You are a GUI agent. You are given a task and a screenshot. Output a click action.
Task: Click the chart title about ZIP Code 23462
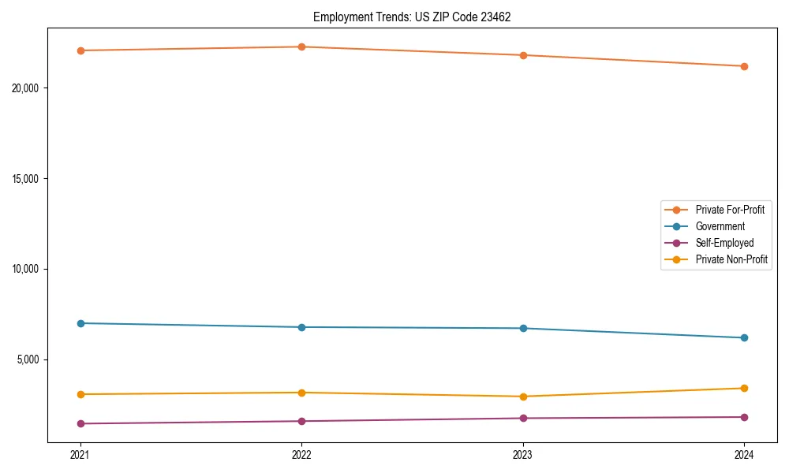412,17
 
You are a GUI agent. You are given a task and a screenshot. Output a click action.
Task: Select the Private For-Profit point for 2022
301,47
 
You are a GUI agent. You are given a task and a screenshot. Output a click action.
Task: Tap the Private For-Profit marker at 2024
744,66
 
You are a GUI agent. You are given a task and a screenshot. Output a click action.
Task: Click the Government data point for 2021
80,323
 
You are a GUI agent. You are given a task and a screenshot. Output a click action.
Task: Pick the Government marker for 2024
744,337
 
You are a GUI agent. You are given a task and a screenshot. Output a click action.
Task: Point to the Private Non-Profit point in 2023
523,397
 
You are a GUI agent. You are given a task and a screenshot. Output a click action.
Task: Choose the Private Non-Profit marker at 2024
744,388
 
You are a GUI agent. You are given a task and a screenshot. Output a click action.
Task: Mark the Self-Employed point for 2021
80,423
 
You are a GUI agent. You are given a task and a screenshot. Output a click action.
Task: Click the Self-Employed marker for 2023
523,418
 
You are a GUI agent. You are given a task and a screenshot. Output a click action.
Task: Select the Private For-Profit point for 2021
80,50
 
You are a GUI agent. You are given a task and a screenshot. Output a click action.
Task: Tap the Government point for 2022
301,327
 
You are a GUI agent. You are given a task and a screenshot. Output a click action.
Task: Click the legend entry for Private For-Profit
729,210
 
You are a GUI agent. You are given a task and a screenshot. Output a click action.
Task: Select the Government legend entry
720,226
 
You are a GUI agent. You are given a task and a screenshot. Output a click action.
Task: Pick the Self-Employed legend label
724,243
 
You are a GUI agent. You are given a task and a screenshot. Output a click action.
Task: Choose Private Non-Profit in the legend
731,259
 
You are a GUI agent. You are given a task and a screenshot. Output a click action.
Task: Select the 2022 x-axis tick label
301,455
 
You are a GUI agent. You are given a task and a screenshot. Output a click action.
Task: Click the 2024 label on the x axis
744,455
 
